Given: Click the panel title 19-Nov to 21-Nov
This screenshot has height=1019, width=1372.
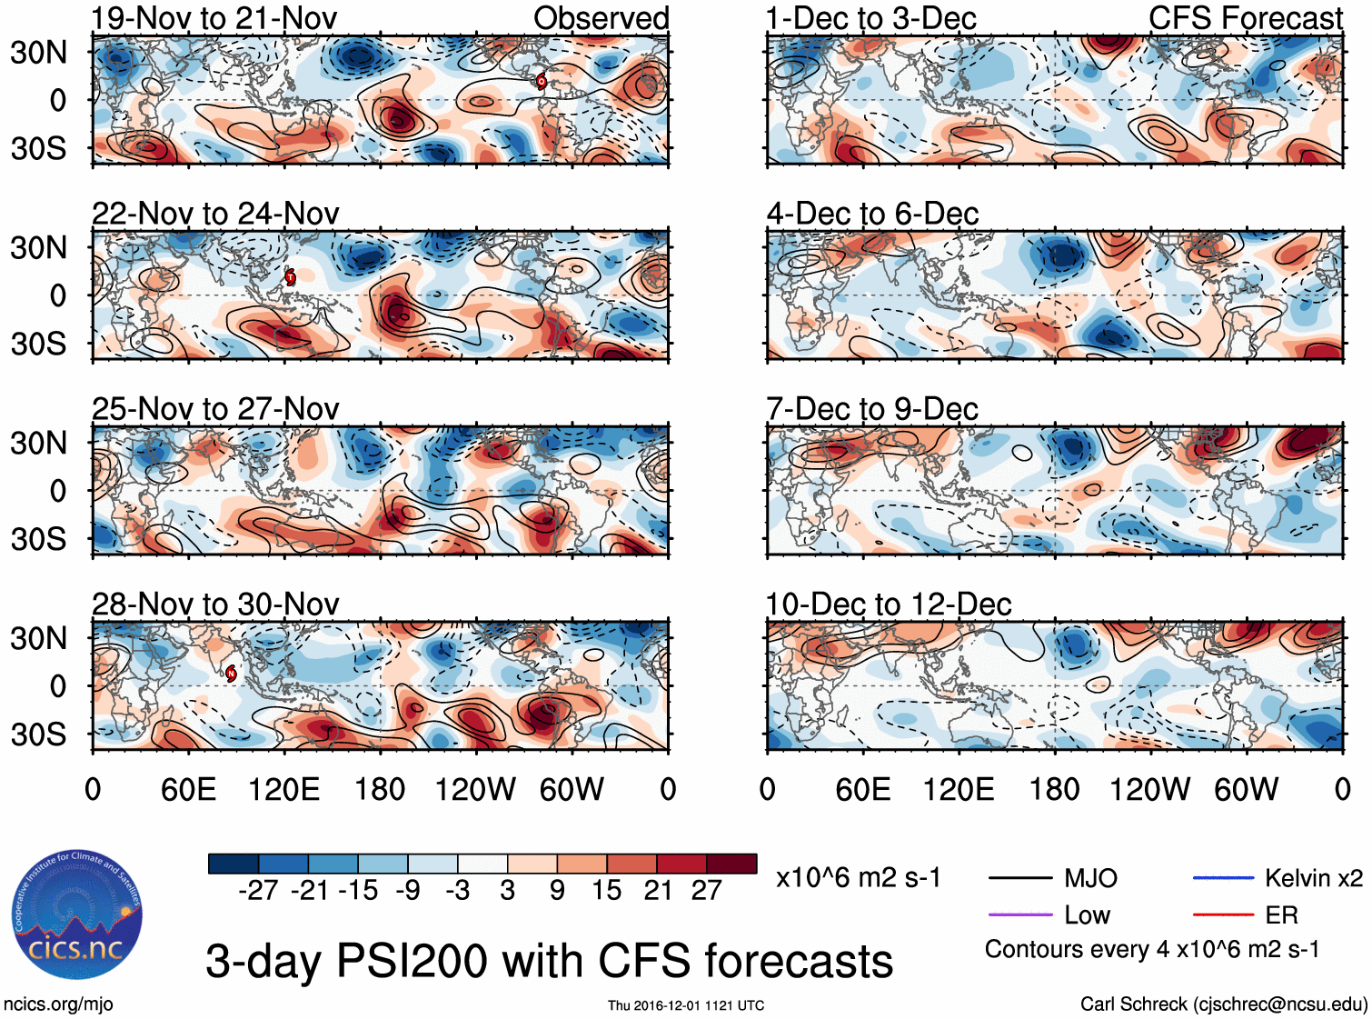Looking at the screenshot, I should (x=214, y=18).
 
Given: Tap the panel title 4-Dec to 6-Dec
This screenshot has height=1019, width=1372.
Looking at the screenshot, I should (x=872, y=214).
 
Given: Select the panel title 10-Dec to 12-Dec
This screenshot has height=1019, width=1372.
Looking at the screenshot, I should (x=889, y=604).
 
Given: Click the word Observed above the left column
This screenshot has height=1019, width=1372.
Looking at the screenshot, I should (x=601, y=18).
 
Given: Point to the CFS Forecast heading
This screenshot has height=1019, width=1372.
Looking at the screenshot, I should (x=1245, y=18).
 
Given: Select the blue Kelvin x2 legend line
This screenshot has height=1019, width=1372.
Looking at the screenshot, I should (x=1223, y=878).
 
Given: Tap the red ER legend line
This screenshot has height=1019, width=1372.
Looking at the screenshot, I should (x=1223, y=914).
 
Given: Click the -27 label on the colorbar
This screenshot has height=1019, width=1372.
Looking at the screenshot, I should (x=258, y=891).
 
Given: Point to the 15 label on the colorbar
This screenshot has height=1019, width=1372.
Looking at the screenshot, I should (x=606, y=891).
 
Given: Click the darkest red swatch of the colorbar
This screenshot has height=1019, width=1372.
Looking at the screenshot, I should (x=731, y=864).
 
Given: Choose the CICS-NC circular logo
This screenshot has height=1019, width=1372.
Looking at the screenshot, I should (x=77, y=914).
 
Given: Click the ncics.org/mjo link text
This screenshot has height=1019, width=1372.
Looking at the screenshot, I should (x=58, y=1004).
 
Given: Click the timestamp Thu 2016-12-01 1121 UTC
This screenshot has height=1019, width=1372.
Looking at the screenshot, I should (x=686, y=1005).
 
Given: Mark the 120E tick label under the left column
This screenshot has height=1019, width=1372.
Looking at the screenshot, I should (x=283, y=789).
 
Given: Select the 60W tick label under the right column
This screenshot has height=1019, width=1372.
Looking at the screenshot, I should (x=1246, y=789).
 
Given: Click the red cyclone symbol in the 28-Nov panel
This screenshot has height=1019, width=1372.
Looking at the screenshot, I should (x=231, y=673).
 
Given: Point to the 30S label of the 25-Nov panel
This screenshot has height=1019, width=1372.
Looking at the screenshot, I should (x=38, y=539).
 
